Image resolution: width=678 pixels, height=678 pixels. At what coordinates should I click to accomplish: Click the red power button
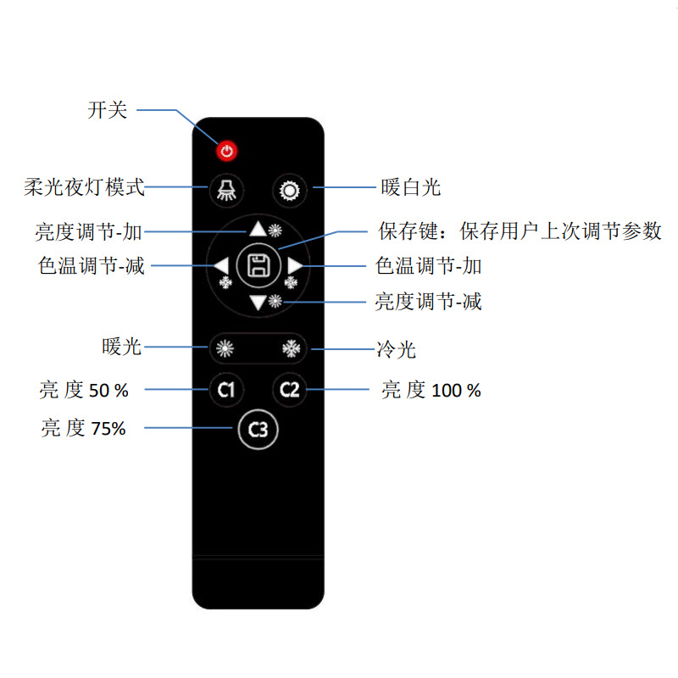(x=226, y=152)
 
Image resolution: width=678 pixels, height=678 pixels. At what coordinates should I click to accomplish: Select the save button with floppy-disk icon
(x=258, y=265)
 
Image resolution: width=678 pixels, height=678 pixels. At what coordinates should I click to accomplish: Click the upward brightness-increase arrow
(x=258, y=229)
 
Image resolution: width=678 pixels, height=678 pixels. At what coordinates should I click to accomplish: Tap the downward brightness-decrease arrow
(x=258, y=303)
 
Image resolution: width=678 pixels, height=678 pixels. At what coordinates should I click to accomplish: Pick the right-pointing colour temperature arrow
(x=294, y=266)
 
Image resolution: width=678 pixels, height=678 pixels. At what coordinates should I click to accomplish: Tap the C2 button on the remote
(x=290, y=390)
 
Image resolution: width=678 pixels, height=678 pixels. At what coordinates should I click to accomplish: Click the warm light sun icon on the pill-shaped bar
(x=224, y=347)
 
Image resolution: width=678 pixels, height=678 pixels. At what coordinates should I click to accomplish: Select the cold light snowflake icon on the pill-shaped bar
(x=291, y=347)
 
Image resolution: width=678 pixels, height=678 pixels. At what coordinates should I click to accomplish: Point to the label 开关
(x=108, y=110)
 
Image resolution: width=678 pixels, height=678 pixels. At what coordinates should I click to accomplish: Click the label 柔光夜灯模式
(x=84, y=187)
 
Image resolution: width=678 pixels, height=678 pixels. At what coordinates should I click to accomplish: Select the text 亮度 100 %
(x=431, y=391)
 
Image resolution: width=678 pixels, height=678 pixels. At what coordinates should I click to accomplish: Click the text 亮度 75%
(x=83, y=429)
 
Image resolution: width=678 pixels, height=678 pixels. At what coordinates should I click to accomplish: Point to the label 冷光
(x=396, y=349)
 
